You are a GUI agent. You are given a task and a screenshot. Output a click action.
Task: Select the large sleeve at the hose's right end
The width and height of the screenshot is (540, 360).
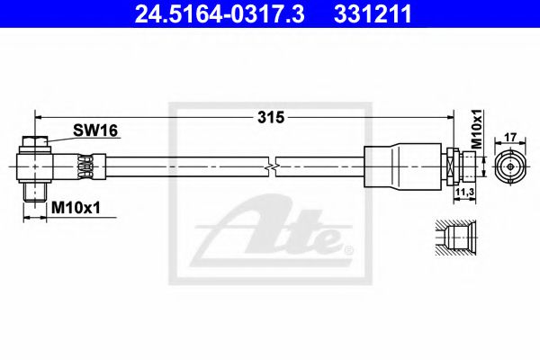[396, 166]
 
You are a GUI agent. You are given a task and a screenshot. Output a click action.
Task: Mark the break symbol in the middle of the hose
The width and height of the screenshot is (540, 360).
[270, 166]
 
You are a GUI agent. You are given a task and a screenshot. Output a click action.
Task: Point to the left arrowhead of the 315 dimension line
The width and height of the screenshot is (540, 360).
[38, 115]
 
